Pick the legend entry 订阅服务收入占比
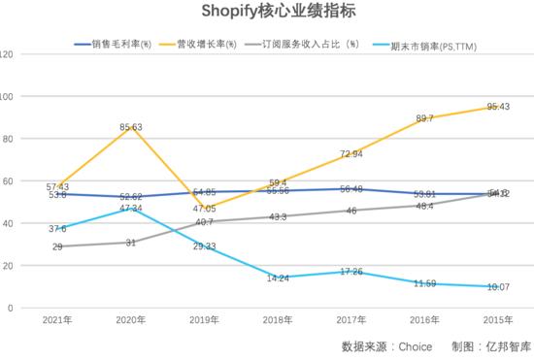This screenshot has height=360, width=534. [x=302, y=45]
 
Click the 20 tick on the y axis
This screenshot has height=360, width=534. [x=9, y=266]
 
